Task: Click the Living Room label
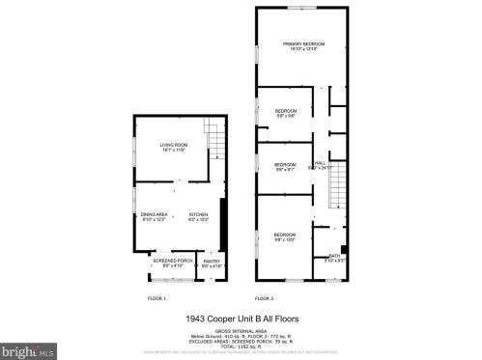click(174, 147)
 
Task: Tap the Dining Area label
click(156, 215)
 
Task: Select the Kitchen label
click(199, 215)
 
